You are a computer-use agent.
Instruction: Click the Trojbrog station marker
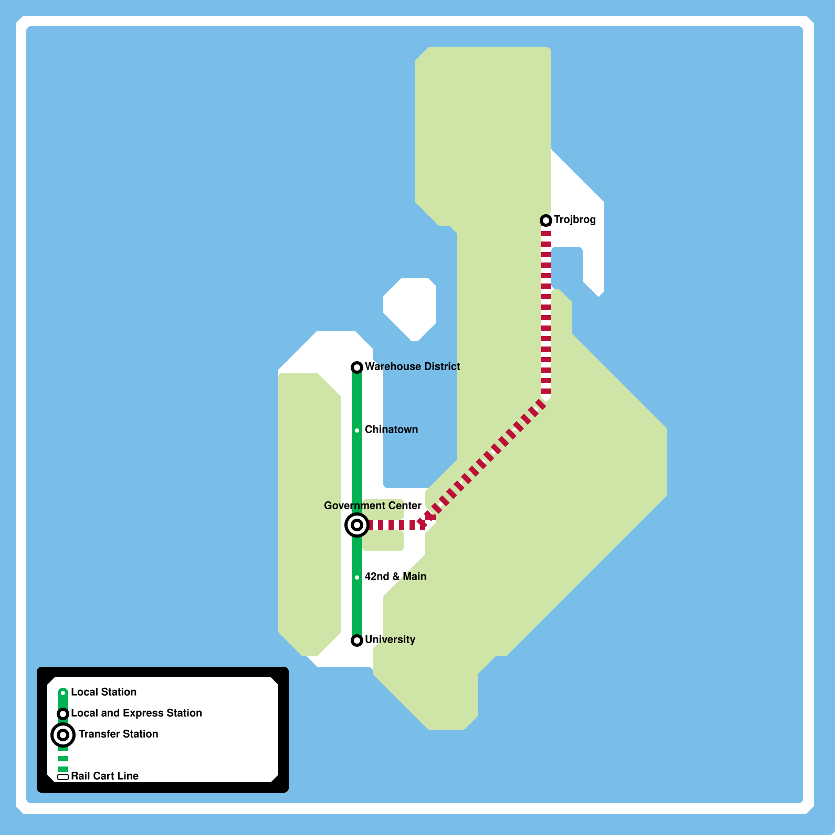[546, 220]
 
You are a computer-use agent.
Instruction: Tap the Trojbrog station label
[574, 220]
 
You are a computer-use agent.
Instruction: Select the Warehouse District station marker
[357, 367]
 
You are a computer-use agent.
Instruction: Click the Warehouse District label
[412, 367]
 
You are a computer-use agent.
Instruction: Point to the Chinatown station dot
[357, 430]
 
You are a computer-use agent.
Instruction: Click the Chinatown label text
[391, 430]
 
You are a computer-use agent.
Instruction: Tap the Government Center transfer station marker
[357, 525]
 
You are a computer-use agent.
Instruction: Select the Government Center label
[372, 506]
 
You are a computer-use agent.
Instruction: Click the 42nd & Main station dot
[357, 577]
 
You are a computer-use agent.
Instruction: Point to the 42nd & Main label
[395, 577]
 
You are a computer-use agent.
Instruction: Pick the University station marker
[357, 640]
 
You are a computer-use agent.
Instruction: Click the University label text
[390, 640]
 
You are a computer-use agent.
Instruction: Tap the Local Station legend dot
[63, 693]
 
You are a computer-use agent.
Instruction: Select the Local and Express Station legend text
[136, 713]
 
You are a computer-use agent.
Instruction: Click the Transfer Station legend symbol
[63, 735]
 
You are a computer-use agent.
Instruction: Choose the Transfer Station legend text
[118, 734]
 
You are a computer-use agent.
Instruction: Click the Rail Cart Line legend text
[104, 776]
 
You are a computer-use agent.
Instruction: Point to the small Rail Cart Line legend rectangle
[63, 777]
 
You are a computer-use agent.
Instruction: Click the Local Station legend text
[103, 692]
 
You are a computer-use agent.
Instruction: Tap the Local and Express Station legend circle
[63, 714]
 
